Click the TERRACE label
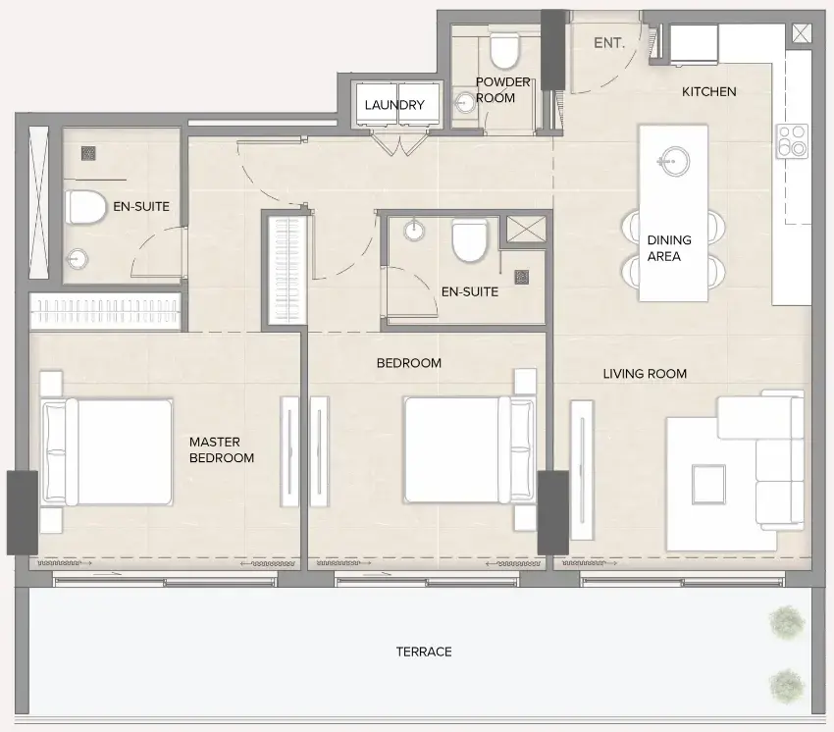(424, 652)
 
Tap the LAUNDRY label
(394, 105)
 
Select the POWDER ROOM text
(503, 90)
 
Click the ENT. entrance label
(609, 42)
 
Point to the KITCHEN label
(708, 91)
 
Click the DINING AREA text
(669, 248)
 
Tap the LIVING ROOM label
(645, 374)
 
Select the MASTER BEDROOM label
(222, 450)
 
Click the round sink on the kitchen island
(673, 159)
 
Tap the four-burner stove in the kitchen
(791, 140)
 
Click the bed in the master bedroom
(108, 451)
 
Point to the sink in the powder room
(464, 101)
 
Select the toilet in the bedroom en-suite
(469, 240)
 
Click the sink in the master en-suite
(78, 259)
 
